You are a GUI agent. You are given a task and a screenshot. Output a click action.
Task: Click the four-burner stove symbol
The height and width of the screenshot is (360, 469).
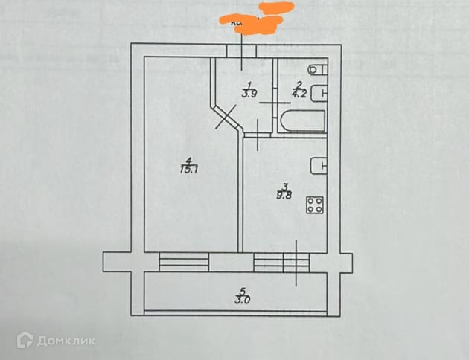(x=315, y=205)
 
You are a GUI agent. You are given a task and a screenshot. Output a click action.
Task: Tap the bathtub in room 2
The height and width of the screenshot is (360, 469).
(x=302, y=121)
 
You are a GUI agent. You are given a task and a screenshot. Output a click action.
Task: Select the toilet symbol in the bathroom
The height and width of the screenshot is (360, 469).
(x=317, y=71)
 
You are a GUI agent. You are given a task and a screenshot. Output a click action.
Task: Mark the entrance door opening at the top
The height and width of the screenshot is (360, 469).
(x=243, y=51)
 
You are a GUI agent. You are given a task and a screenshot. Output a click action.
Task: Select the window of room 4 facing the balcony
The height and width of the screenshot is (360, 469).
(x=184, y=261)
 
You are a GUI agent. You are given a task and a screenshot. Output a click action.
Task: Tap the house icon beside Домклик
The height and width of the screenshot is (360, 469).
(x=25, y=340)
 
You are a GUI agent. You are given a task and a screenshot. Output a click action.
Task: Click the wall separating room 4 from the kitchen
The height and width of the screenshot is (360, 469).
(x=240, y=193)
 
